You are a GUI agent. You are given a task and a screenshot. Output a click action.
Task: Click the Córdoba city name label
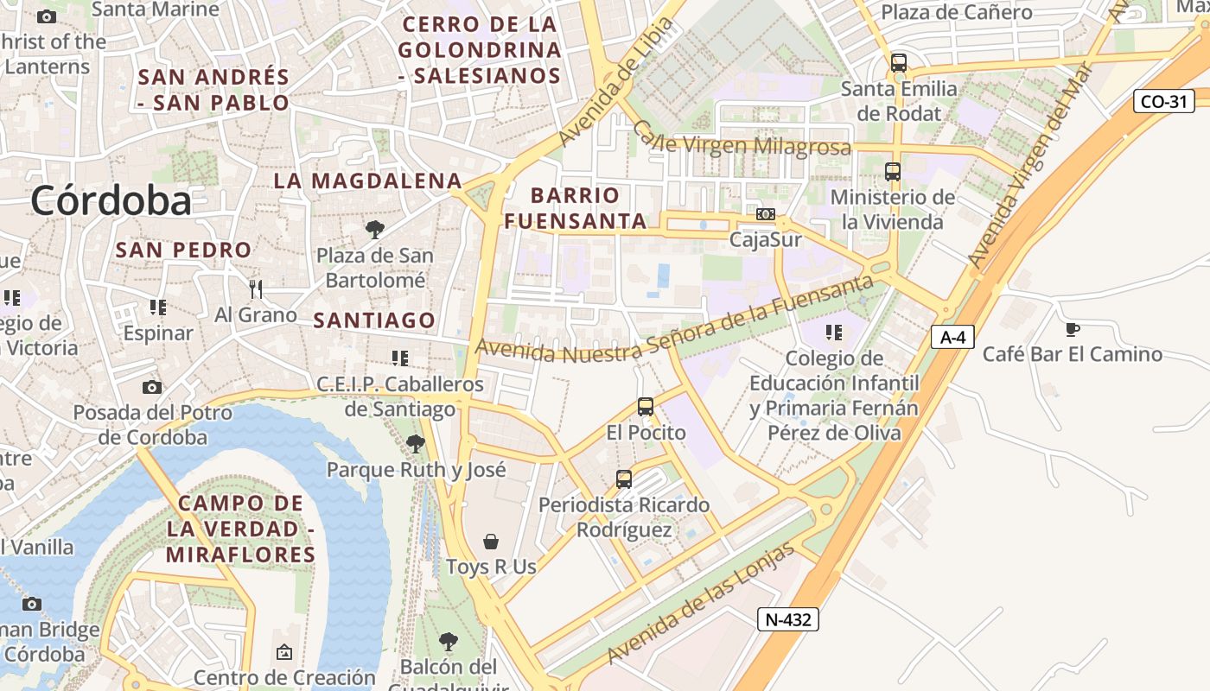pos(111,201)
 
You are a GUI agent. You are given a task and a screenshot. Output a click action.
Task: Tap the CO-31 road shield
pos(1162,101)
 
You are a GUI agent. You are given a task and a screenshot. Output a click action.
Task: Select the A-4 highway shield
pos(952,337)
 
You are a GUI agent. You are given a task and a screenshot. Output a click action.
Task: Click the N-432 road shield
pos(787,618)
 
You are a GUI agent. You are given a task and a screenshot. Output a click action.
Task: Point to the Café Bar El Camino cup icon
pos(1073,329)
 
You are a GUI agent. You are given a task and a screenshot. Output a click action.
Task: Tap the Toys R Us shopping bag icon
pos(491,542)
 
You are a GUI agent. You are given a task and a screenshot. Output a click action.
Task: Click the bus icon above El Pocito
pos(646,407)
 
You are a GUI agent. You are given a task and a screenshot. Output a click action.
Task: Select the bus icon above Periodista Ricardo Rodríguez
pos(624,479)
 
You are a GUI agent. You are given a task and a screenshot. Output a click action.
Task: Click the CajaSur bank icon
pos(766,214)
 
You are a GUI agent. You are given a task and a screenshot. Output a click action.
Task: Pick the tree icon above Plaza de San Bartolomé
pos(375,230)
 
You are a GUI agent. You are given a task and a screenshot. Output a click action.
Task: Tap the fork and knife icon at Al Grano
pos(255,288)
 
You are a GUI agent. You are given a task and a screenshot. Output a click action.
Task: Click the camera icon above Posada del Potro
pos(152,387)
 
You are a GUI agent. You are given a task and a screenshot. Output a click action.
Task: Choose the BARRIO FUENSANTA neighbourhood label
pos(575,208)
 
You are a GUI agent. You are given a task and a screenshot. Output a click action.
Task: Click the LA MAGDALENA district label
pos(368,181)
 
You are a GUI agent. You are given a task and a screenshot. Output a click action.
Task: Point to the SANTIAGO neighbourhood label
pos(374,320)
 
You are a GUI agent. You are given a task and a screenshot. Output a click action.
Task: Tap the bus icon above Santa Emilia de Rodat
pos(899,63)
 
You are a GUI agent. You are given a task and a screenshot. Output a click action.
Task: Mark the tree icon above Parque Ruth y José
pos(416,444)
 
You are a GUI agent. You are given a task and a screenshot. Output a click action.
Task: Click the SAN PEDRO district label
pos(183,250)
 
